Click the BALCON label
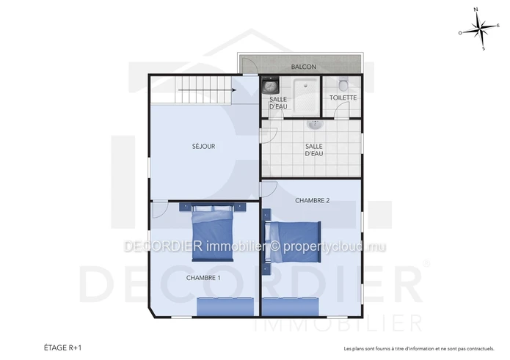click(x=304, y=67)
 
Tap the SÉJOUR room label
click(x=203, y=146)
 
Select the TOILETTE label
click(x=343, y=98)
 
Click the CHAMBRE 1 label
click(x=203, y=278)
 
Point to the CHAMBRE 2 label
click(x=313, y=200)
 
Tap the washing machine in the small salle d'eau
click(x=270, y=85)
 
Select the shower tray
click(x=305, y=97)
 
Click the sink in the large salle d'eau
click(x=315, y=125)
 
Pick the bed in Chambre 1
click(x=213, y=232)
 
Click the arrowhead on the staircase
click(x=234, y=90)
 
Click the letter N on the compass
click(x=476, y=10)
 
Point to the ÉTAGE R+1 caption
click(x=63, y=348)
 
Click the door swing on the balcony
click(x=249, y=66)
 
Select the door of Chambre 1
click(x=160, y=210)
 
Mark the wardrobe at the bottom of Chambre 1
click(x=225, y=306)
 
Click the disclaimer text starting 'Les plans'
click(x=419, y=348)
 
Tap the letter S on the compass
click(x=484, y=48)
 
